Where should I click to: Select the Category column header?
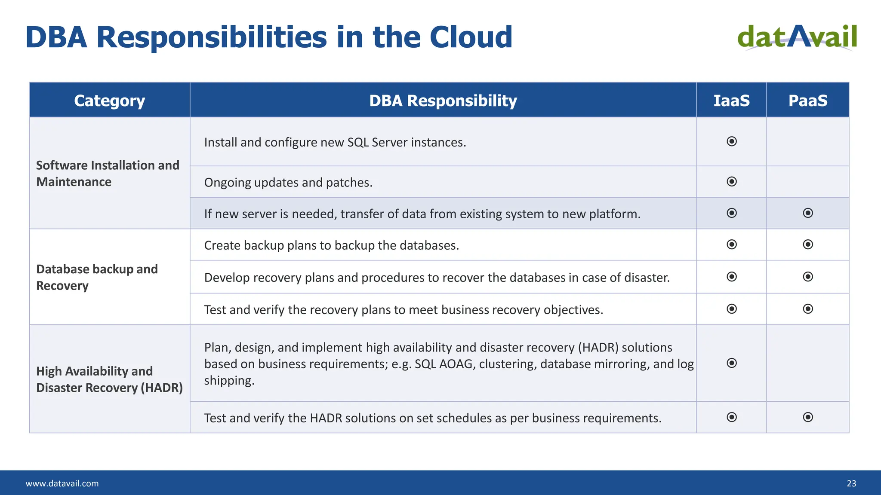coord(109,101)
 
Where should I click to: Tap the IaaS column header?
coord(731,101)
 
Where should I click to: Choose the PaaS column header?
coord(807,101)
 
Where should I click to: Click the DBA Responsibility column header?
coord(443,101)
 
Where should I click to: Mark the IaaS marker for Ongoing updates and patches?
coord(731,182)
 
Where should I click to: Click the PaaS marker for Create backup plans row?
coord(808,244)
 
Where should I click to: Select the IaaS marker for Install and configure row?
coord(731,141)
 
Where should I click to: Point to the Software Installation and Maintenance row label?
coord(108,174)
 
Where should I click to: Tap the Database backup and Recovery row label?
coord(97,277)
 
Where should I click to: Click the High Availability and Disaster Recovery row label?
coord(109,379)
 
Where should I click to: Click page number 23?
coord(851,483)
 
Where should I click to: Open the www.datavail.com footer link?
coord(62,483)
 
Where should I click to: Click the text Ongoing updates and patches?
coord(288,183)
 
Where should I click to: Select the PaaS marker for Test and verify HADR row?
coord(808,417)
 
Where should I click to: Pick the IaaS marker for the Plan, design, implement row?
coord(731,363)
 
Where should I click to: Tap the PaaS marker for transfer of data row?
coord(808,213)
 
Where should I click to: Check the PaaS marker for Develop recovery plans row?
coord(808,277)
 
